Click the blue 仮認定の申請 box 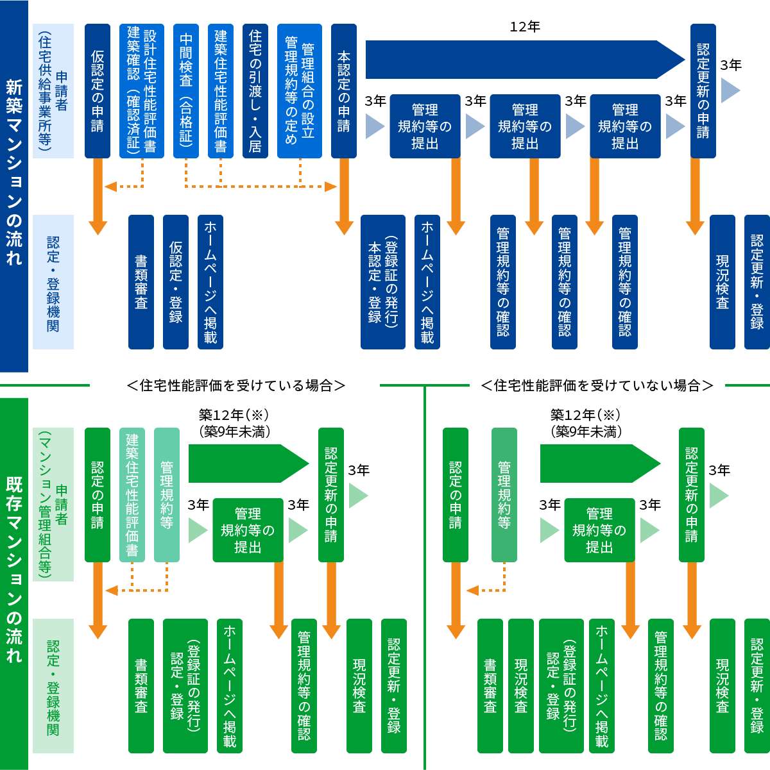click(98, 90)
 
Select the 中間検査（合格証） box click(186, 90)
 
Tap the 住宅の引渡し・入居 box click(255, 90)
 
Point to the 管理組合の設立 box click(300, 90)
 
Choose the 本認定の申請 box click(344, 90)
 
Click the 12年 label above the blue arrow click(525, 26)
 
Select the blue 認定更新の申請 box click(703, 90)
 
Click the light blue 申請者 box click(53, 90)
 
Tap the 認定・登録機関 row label click(53, 282)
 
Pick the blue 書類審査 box click(141, 282)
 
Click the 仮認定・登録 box click(176, 282)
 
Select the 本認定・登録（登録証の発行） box click(383, 282)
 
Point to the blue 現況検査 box click(723, 282)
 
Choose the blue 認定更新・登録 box click(757, 282)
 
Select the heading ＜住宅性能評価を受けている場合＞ click(236, 385)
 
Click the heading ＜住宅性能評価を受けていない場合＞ click(597, 385)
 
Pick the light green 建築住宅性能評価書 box click(132, 494)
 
